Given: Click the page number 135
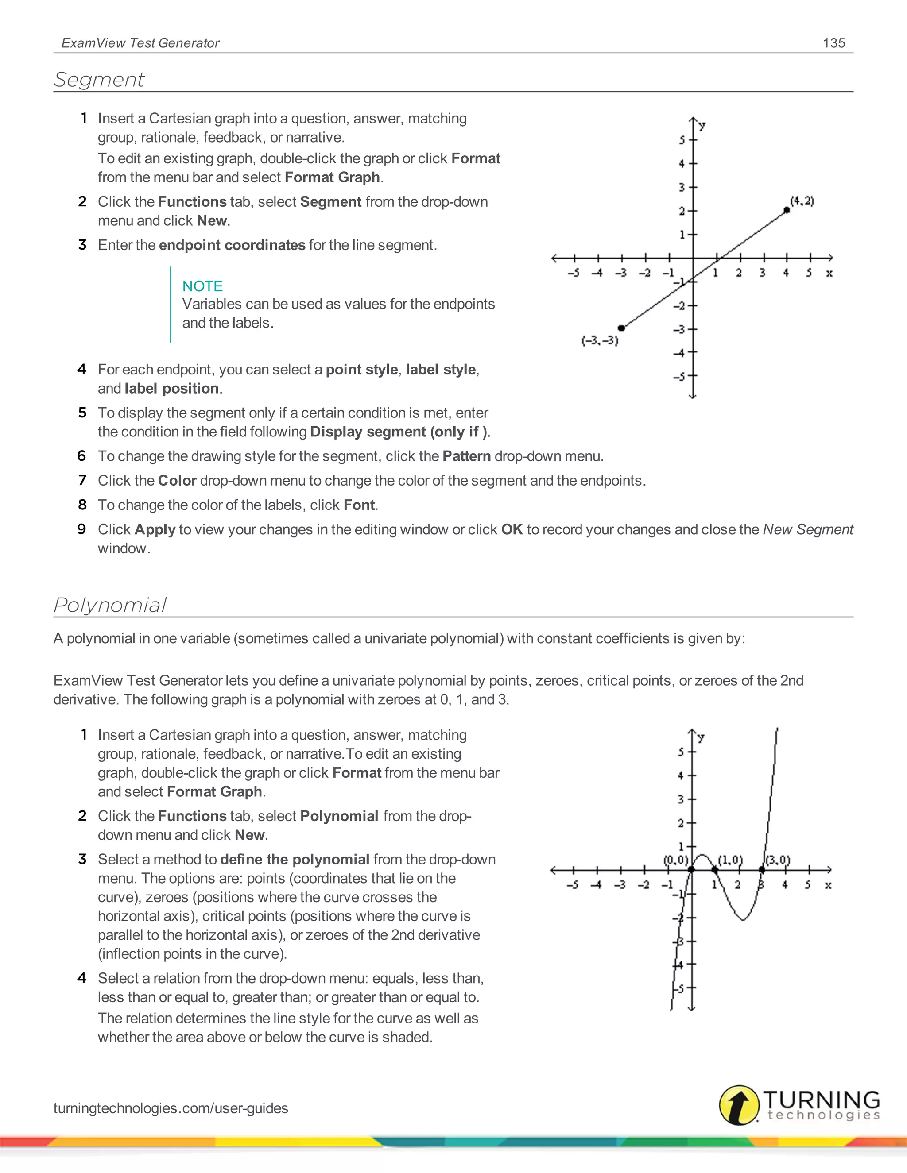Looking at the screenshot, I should click(x=833, y=43).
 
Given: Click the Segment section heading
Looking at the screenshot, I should click(x=99, y=80).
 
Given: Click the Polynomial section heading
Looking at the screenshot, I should click(x=110, y=605).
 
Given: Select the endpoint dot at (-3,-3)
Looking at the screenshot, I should click(x=621, y=328).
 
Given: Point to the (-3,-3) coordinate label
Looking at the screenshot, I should click(x=600, y=340).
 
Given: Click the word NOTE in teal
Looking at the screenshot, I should click(x=202, y=286).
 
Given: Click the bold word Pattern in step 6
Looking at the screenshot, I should click(x=466, y=456).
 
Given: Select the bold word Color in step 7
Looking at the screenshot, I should click(x=177, y=480).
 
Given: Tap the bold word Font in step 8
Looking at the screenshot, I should click(x=359, y=505).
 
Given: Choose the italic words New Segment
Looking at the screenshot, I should click(x=808, y=529).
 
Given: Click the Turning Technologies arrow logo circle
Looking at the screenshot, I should click(x=739, y=1105).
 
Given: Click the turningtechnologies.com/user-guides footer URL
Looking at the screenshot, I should click(x=171, y=1108).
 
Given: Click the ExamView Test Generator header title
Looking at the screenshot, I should click(x=140, y=43).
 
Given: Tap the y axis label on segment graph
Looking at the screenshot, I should click(x=702, y=126).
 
